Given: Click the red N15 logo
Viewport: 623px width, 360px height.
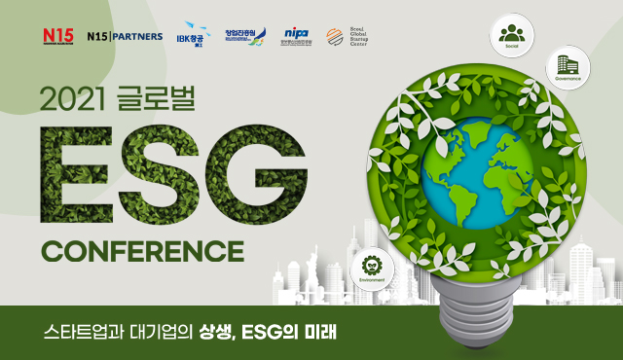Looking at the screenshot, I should [58, 36].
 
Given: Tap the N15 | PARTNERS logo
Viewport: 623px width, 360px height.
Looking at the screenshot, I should [125, 36].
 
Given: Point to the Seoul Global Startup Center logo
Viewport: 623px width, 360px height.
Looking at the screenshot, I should [348, 36].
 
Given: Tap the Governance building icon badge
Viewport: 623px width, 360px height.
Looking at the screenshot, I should [568, 66].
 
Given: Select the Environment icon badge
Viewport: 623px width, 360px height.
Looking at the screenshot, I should [371, 267].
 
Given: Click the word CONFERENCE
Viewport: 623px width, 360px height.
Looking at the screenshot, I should [141, 248].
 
